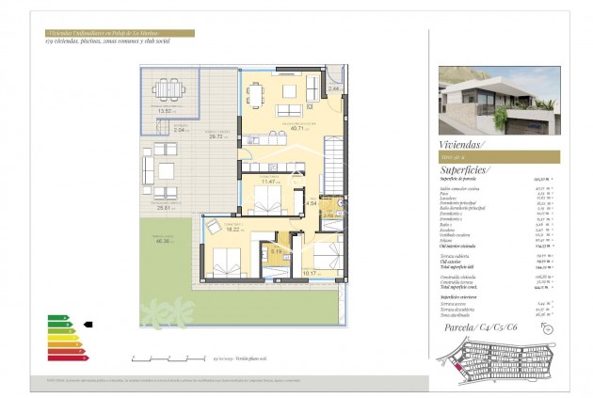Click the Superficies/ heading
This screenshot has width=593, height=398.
[467, 171]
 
